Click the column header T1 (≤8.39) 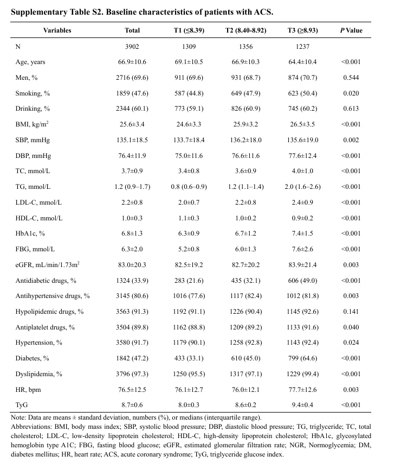[185, 30]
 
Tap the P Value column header [351, 30]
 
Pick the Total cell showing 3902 [132, 46]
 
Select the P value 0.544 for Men [351, 78]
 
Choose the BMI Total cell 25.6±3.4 [132, 124]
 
